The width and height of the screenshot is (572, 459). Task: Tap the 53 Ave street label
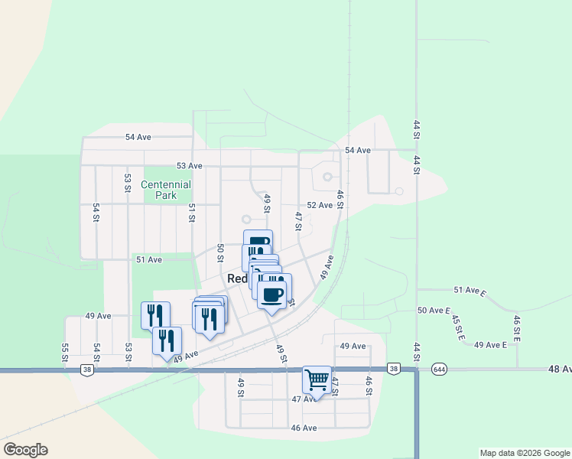click(189, 165)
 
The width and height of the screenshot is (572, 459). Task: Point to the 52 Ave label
click(320, 205)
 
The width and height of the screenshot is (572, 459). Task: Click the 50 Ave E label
click(432, 310)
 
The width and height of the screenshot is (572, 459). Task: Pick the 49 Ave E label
click(490, 345)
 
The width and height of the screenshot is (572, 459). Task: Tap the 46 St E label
click(517, 327)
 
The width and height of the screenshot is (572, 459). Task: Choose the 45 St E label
click(457, 328)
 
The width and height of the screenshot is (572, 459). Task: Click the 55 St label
click(65, 353)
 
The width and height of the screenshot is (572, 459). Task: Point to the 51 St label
click(192, 213)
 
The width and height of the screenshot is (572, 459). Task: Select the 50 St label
click(220, 252)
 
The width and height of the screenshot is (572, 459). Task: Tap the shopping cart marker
click(317, 379)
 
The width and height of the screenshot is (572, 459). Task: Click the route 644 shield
click(439, 368)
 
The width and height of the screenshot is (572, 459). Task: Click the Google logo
click(25, 450)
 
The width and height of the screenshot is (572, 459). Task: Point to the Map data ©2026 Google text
click(524, 453)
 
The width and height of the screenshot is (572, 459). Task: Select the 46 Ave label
click(304, 428)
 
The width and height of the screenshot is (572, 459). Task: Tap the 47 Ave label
click(304, 399)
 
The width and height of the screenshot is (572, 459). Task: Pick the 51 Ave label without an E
click(149, 260)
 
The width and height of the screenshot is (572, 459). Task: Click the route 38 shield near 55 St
click(87, 369)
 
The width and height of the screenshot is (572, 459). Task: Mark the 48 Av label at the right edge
click(559, 369)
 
